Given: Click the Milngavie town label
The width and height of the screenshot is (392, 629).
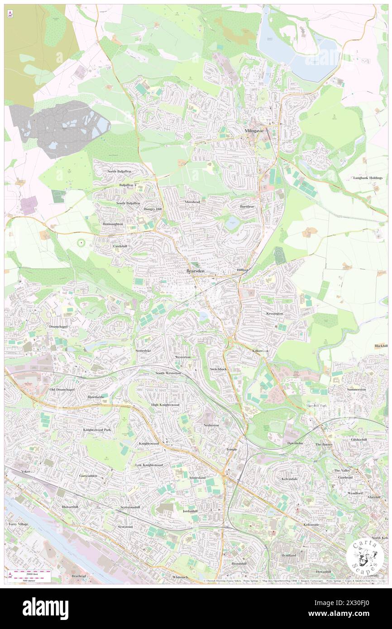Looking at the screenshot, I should tap(254, 131).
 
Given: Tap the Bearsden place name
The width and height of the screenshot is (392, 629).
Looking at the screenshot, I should tap(195, 271).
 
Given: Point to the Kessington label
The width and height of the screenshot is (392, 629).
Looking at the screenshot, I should tap(274, 313).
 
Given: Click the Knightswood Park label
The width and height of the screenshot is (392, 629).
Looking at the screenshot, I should tap(97, 429).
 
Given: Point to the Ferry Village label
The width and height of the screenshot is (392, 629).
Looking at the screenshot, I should tap(18, 524).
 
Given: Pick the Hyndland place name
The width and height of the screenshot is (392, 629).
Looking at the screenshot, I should tap(288, 555).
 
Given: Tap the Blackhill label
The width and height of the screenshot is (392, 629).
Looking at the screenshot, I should tap(381, 346).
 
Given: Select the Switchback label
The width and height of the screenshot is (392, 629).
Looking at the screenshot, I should tap(218, 369).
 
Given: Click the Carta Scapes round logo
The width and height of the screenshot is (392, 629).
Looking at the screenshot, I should tap(365, 556).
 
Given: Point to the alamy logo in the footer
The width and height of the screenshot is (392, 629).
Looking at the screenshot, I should tap(45, 608).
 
